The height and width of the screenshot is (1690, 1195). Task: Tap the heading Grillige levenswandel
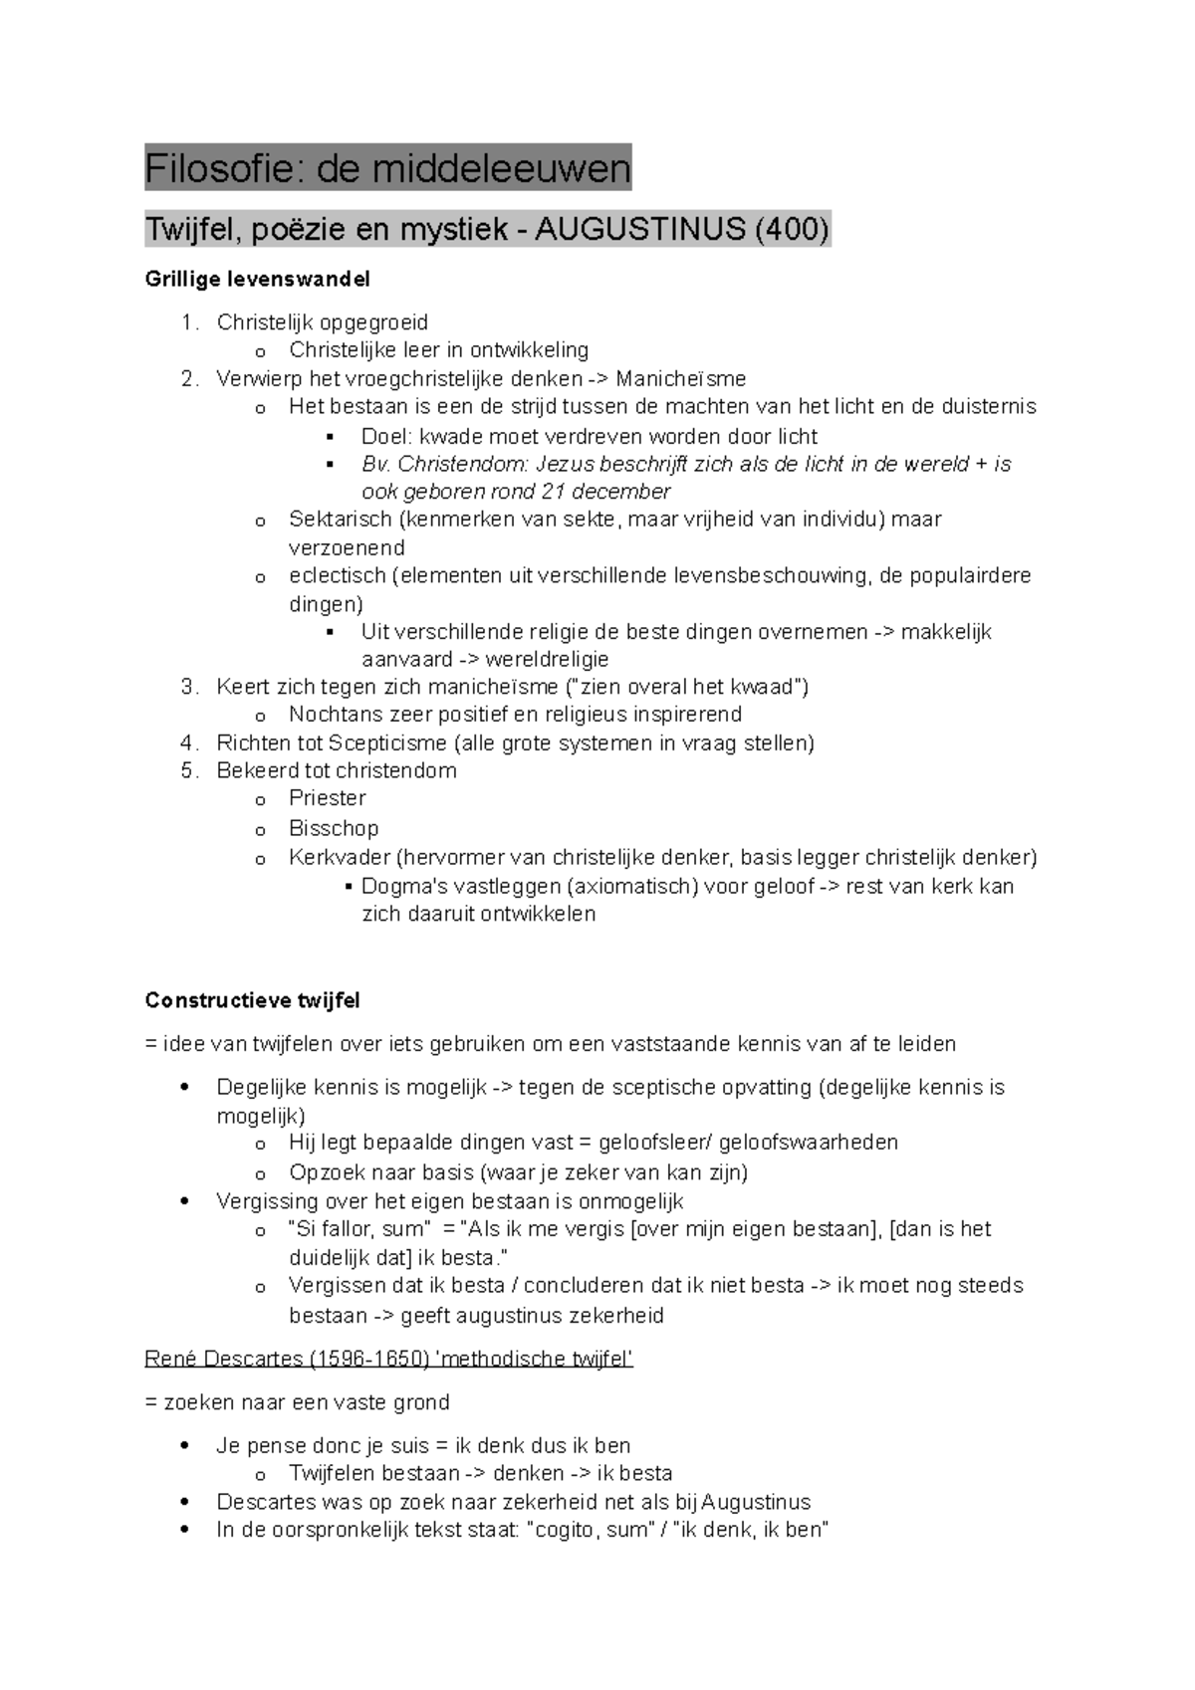257,280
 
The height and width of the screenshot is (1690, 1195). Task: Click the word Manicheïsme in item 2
680,378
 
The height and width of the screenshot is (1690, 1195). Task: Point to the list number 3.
188,687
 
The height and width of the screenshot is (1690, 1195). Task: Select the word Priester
327,798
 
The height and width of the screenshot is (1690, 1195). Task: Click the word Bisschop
333,828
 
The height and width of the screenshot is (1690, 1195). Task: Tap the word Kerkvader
337,857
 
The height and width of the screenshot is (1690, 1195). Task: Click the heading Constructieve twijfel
252,1000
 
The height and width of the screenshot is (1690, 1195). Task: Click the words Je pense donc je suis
323,1445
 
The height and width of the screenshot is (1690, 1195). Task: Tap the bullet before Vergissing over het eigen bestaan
185,1201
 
